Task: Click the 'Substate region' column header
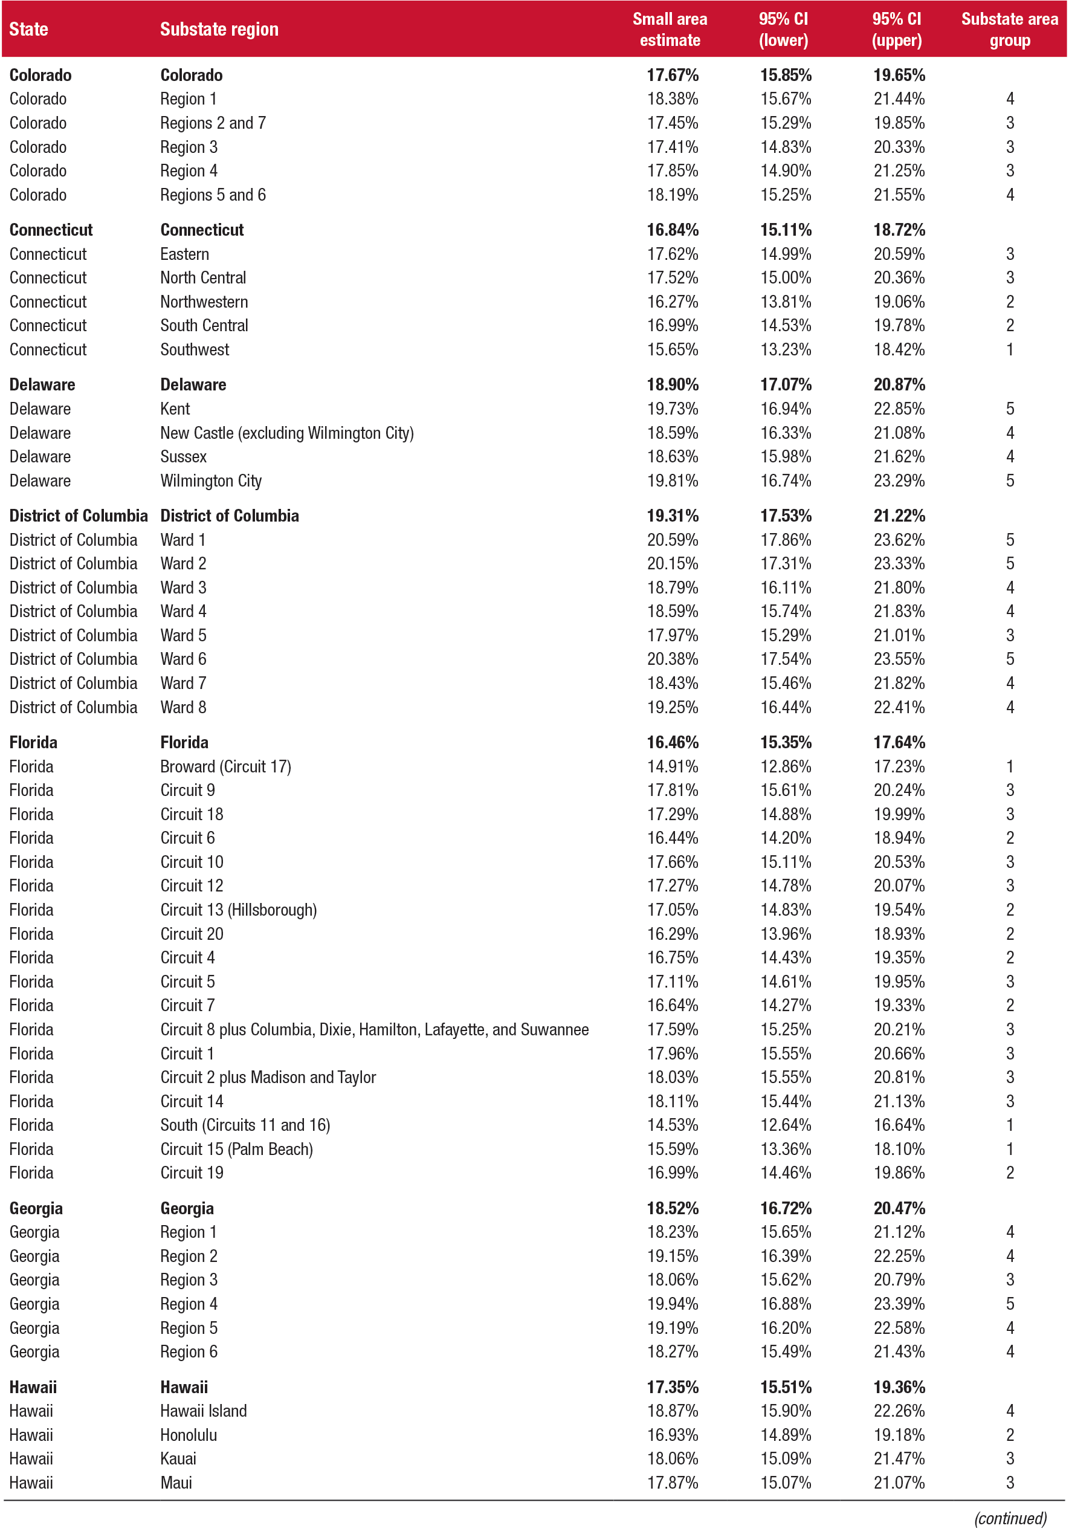219,30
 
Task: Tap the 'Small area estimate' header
669,30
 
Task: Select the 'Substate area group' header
1009,30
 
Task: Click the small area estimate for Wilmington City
672,481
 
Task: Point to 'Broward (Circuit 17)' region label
225,766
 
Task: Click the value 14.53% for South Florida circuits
672,1125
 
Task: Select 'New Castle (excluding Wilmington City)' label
286,433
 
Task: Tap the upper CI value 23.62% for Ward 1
898,540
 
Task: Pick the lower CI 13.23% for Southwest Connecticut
785,350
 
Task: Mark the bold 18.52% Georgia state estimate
672,1208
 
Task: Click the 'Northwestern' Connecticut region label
204,302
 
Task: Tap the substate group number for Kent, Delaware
1009,409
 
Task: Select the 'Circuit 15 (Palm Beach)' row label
236,1149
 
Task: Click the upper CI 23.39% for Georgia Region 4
898,1304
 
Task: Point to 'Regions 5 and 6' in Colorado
212,195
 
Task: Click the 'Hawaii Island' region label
203,1411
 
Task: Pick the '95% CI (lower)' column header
783,30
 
